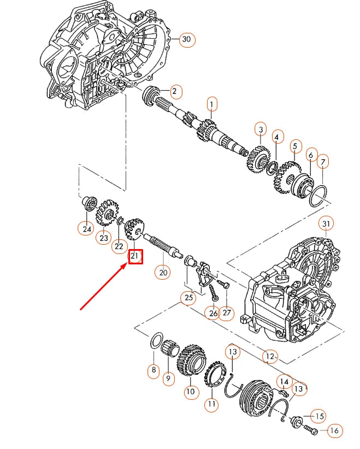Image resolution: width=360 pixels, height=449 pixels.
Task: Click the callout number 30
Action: click(x=187, y=39)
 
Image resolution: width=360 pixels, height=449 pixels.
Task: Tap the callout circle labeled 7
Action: click(x=323, y=162)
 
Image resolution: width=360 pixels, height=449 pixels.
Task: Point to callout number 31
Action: click(x=326, y=223)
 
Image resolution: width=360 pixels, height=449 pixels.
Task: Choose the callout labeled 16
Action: click(x=335, y=431)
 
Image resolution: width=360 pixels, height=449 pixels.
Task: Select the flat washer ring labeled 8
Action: click(x=156, y=342)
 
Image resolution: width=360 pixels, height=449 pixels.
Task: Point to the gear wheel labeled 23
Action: click(x=109, y=212)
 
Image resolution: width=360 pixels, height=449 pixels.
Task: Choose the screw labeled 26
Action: click(x=213, y=296)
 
